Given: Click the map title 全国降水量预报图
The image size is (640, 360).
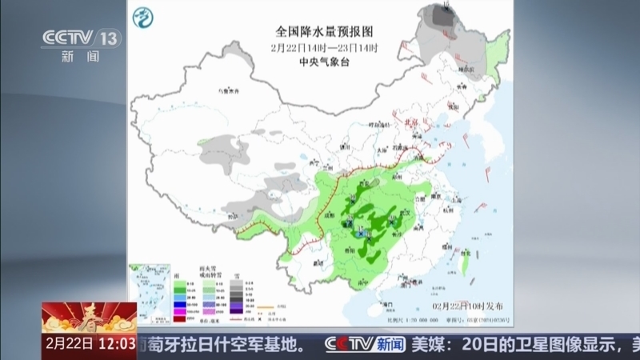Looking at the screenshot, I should pyautogui.click(x=324, y=32).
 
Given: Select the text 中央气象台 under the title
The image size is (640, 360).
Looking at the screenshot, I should pyautogui.click(x=324, y=61).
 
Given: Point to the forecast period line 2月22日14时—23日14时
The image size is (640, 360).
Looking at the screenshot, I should pyautogui.click(x=324, y=47).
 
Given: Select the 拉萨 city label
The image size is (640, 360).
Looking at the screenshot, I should pyautogui.click(x=230, y=216).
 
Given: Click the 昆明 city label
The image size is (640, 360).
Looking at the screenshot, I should pyautogui.click(x=317, y=262).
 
